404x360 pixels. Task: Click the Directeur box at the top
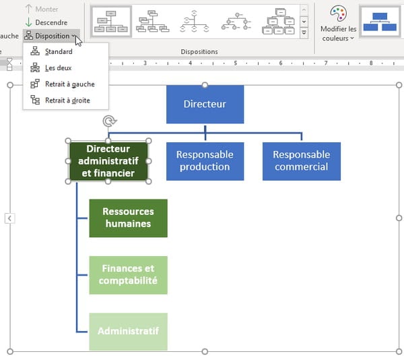point(205,104)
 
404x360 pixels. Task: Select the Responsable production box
point(205,161)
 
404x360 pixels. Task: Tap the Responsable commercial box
point(302,161)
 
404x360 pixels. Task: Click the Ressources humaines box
point(129,218)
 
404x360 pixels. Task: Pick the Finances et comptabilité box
point(129,275)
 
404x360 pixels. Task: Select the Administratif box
point(129,332)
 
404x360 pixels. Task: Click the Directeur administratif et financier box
point(108,161)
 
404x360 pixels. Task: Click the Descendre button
point(46,22)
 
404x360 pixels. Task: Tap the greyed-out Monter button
point(42,9)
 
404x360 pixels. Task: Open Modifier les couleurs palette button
point(338,24)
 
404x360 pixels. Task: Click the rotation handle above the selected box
point(110,121)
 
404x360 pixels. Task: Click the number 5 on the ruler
point(235,63)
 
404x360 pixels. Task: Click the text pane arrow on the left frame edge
point(9,218)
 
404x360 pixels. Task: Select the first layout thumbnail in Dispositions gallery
point(111,22)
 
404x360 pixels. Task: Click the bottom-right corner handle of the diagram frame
point(399,351)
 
